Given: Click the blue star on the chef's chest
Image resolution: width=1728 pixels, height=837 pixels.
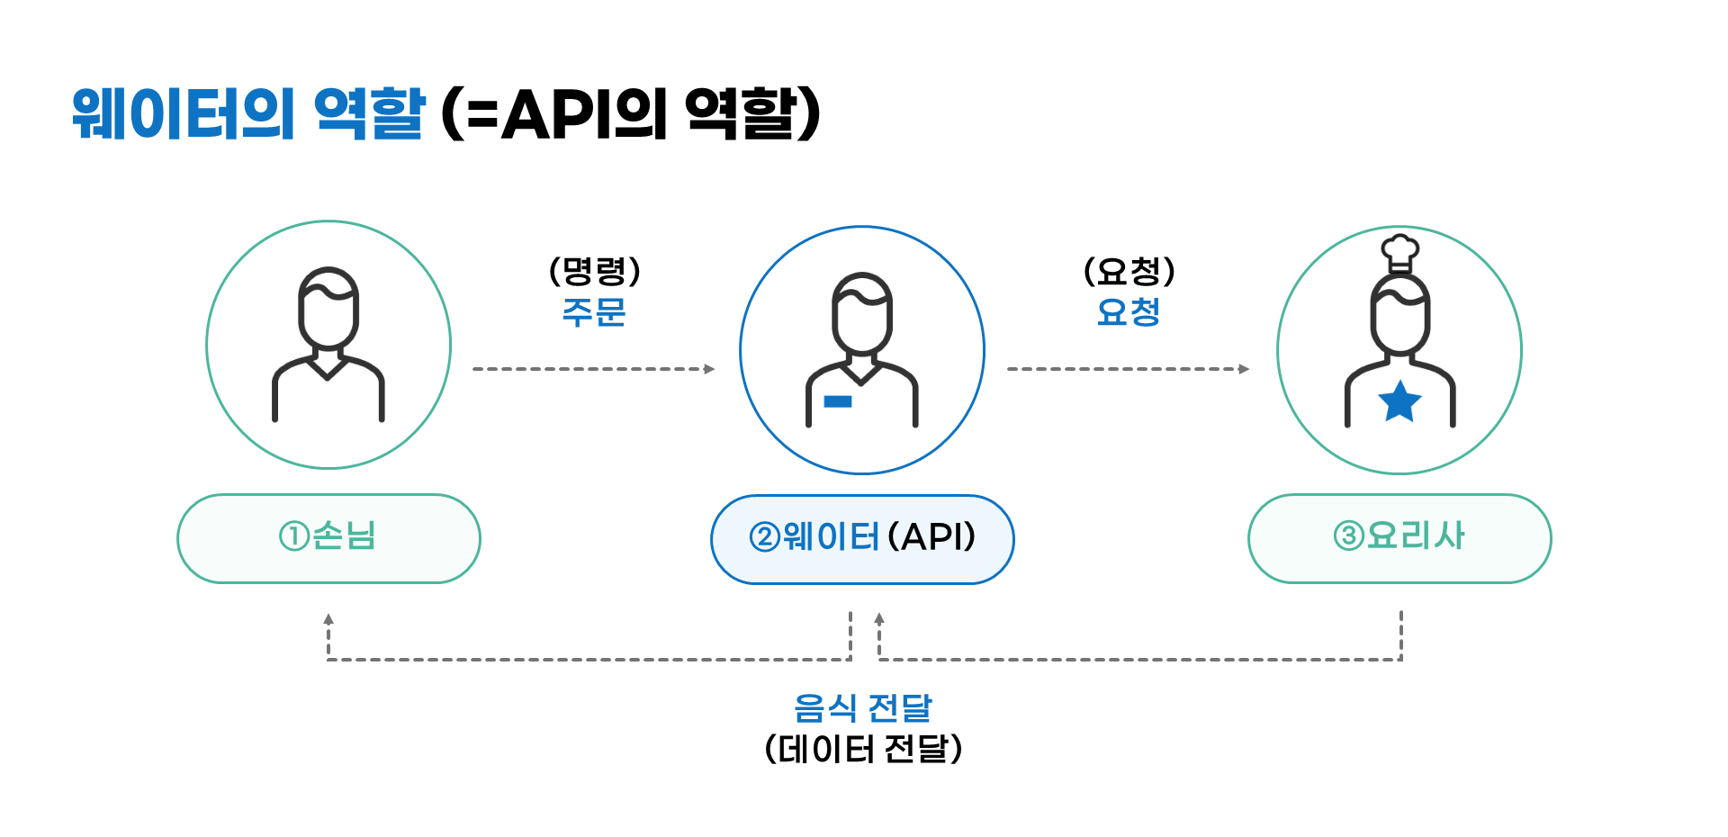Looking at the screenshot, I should click(x=1399, y=401).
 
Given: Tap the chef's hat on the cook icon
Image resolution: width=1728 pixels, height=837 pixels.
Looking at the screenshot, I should click(x=1399, y=252).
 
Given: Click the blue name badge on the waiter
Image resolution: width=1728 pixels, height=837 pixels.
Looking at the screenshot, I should click(x=837, y=401).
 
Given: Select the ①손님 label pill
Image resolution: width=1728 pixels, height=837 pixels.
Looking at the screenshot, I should click(x=328, y=538).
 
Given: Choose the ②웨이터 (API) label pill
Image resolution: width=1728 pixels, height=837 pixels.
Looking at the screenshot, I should click(x=862, y=538).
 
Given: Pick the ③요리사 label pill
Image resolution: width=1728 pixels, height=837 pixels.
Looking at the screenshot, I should click(x=1399, y=538).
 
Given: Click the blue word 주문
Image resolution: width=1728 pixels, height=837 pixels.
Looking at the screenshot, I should click(x=593, y=312).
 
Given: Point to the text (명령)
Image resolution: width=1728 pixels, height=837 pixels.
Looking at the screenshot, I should click(x=594, y=271).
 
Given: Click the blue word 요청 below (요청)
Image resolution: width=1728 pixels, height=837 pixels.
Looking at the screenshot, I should click(x=1129, y=312).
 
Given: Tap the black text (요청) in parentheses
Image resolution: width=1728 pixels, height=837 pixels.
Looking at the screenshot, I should click(x=1129, y=271).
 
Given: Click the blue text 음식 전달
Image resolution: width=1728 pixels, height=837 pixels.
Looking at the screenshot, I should click(x=862, y=708).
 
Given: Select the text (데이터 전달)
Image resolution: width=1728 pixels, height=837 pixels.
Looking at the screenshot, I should click(x=862, y=749).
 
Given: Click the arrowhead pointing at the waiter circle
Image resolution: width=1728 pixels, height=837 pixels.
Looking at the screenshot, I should click(x=709, y=369).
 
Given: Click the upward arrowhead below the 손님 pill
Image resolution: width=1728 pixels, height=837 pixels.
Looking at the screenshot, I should click(x=328, y=619).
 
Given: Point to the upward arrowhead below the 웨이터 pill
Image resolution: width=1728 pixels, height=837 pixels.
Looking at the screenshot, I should click(x=879, y=618).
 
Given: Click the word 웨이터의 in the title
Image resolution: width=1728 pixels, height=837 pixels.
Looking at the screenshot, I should click(x=184, y=114).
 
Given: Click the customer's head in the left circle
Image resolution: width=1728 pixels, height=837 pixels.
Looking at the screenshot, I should click(x=328, y=306).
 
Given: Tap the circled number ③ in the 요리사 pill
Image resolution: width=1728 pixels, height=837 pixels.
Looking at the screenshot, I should click(x=1348, y=536).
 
